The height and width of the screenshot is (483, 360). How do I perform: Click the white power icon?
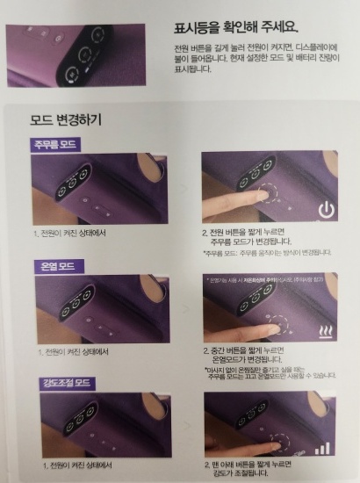[326, 211]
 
